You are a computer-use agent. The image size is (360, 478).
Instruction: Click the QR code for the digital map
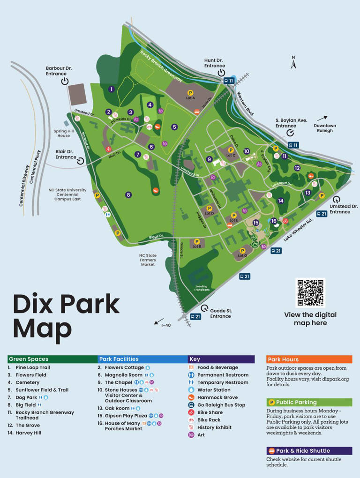pyautogui.click(x=310, y=293)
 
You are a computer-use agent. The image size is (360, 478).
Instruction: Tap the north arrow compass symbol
pyautogui.click(x=294, y=63)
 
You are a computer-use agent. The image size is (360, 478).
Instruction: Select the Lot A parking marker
pyautogui.click(x=190, y=93)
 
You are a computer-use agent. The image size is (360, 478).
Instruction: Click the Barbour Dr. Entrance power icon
pyautogui.click(x=65, y=82)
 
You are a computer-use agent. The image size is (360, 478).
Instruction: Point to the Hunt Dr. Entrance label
pyautogui.click(x=214, y=63)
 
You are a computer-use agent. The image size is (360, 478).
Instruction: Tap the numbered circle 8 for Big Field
pyautogui.click(x=128, y=195)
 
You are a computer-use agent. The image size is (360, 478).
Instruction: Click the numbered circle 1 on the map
pyautogui.click(x=112, y=89)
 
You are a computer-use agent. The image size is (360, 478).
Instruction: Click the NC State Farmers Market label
pyautogui.click(x=148, y=260)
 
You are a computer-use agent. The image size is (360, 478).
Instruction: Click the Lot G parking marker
pyautogui.click(x=242, y=251)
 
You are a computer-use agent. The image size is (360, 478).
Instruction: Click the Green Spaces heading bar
pyautogui.click(x=51, y=359)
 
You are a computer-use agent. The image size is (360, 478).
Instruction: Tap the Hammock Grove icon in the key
pyautogui.click(x=191, y=397)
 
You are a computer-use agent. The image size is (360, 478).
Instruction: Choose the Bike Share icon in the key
pyautogui.click(x=191, y=412)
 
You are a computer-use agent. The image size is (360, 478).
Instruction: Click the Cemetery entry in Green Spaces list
pyautogui.click(x=27, y=382)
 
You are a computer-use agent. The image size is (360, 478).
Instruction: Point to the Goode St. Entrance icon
pyautogui.click(x=204, y=309)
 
